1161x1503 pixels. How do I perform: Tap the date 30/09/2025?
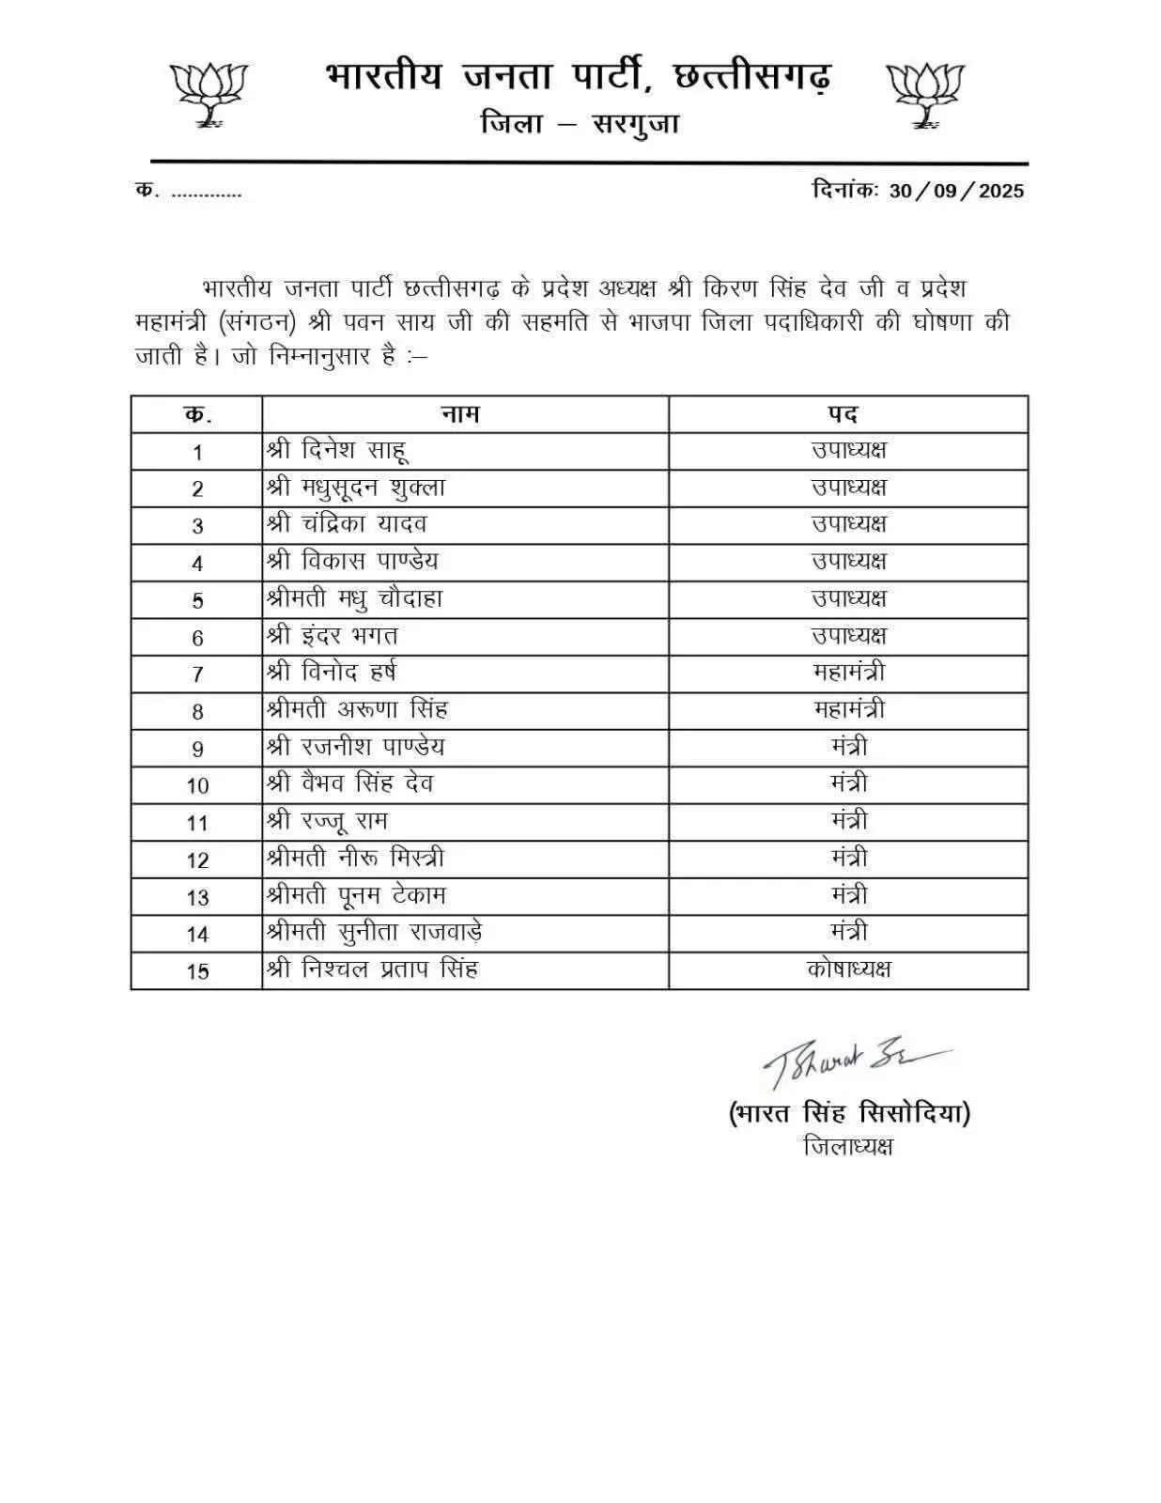956,191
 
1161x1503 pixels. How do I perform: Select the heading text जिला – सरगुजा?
580,124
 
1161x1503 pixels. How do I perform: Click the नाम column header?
460,414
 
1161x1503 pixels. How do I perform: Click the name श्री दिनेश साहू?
337,451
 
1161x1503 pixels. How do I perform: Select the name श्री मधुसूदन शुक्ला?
355,488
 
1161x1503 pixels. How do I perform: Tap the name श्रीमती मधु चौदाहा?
354,599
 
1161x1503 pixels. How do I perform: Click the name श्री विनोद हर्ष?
331,673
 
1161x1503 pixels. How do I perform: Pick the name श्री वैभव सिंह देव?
348,783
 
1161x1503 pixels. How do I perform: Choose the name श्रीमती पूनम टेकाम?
355,895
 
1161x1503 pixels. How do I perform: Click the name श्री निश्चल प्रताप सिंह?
372,969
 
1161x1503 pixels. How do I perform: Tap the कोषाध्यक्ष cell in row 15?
848,969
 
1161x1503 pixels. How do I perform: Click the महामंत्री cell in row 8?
848,709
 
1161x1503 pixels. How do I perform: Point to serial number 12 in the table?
197,860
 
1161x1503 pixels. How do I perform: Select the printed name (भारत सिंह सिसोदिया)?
849,1114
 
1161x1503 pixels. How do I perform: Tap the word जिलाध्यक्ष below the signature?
848,1146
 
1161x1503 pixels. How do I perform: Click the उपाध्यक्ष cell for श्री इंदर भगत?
848,636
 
